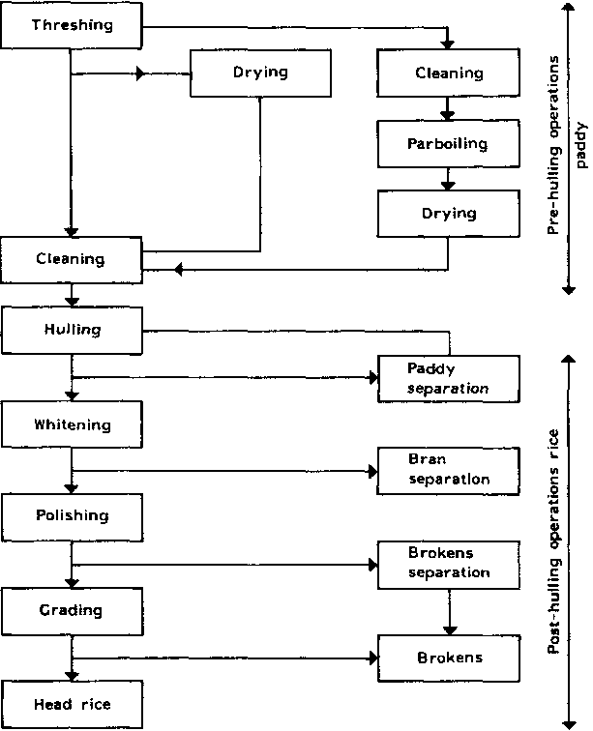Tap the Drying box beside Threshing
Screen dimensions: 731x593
260,73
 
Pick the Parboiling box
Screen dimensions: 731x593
447,143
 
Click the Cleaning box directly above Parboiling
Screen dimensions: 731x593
447,73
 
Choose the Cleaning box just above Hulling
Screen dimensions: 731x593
71,258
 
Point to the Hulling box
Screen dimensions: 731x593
71,330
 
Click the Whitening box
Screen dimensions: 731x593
71,424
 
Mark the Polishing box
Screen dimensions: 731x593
71,516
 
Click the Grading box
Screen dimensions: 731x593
71,611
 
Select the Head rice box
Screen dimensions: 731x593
71,705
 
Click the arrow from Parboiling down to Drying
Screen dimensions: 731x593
447,178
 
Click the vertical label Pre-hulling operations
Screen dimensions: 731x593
555,145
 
